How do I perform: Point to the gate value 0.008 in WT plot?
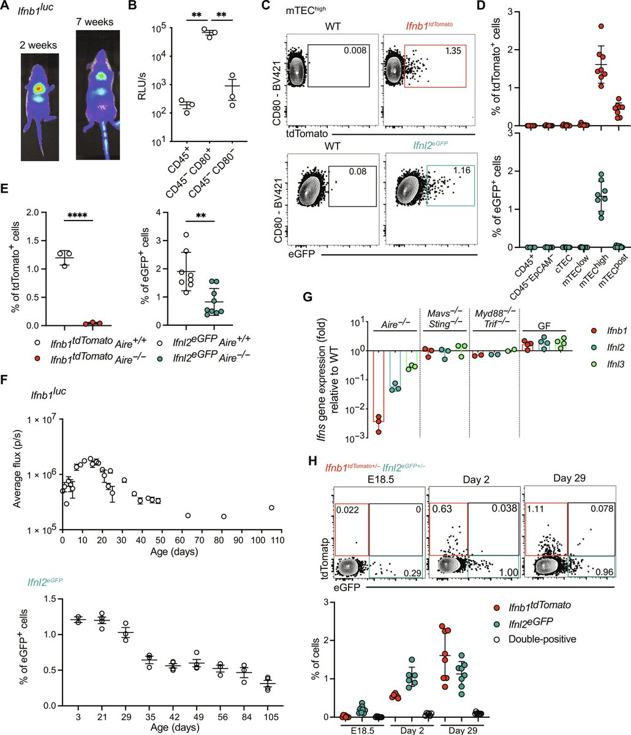pos(352,52)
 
